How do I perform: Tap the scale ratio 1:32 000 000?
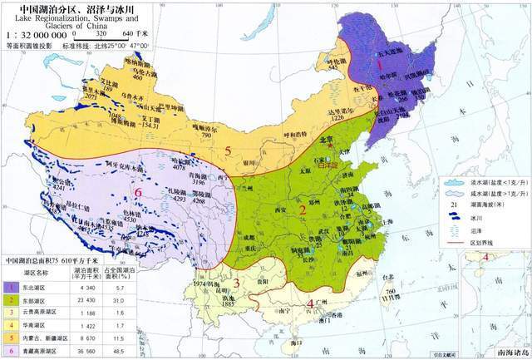(x=38, y=36)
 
